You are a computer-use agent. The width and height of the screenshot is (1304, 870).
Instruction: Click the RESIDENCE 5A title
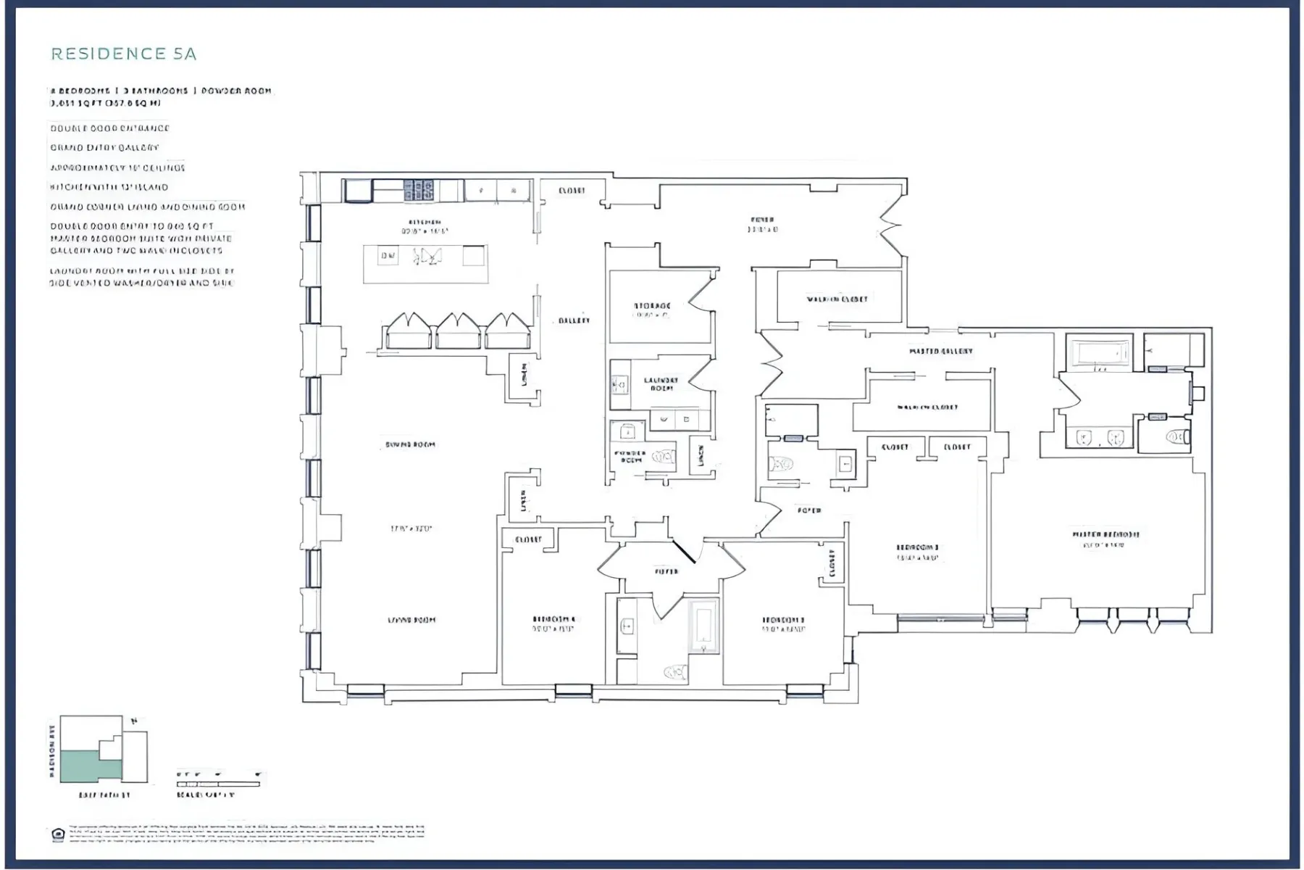coord(124,54)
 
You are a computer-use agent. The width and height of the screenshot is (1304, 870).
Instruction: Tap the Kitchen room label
coord(425,223)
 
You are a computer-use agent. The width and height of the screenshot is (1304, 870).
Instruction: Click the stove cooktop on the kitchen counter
coord(418,191)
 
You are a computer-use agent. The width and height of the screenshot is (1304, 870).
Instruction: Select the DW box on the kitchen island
coord(388,255)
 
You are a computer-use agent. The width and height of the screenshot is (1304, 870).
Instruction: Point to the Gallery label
coord(574,320)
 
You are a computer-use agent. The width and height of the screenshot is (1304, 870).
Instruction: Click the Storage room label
coord(652,307)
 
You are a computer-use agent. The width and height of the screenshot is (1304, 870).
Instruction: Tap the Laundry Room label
coord(661,384)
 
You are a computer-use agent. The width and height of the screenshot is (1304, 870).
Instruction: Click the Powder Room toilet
coord(663,457)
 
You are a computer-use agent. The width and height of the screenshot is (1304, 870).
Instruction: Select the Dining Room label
coord(410,444)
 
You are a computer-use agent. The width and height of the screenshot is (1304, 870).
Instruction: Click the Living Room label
coord(411,620)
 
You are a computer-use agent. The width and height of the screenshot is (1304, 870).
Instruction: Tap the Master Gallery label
coord(940,351)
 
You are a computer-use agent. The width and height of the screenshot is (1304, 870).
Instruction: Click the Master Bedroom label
coord(1106,535)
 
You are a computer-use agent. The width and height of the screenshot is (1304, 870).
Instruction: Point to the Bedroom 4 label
coord(553,619)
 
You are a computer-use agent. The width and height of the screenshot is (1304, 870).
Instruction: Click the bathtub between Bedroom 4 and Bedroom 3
coord(703,625)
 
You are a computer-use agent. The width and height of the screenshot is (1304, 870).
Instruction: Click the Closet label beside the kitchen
coord(572,191)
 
